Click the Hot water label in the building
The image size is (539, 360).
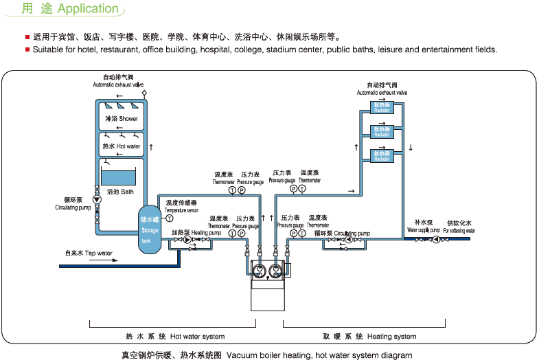click(121, 146)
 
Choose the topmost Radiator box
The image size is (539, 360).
click(382, 108)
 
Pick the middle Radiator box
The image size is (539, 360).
click(382, 131)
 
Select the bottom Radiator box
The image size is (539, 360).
click(382, 155)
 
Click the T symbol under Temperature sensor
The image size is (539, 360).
click(169, 218)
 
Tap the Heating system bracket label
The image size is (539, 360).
click(371, 337)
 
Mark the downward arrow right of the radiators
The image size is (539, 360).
click(411, 147)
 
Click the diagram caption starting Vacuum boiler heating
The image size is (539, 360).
click(319, 355)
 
